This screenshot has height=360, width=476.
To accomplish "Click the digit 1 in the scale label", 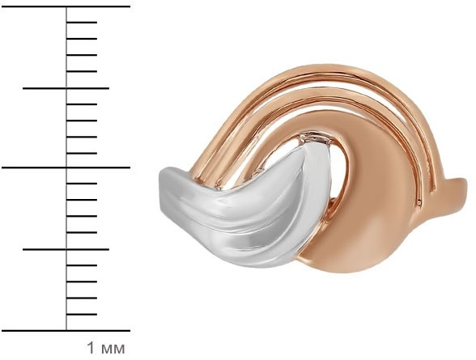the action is coord(91,348).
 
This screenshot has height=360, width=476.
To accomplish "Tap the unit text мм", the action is coord(113,349).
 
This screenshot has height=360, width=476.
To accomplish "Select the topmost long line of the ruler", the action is coord(66,6).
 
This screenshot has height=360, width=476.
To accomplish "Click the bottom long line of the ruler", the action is coord(66,331).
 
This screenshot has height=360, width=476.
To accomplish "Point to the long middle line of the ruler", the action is coord(66,167).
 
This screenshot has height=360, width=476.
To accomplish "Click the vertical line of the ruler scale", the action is coord(66,168).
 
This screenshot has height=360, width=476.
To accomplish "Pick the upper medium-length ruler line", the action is coord(66,88).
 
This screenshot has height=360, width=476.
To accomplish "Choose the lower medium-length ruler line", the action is coord(66,249).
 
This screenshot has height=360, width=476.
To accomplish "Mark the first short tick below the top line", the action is coord(82,22).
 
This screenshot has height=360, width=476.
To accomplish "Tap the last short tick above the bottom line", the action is coord(82,314).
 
